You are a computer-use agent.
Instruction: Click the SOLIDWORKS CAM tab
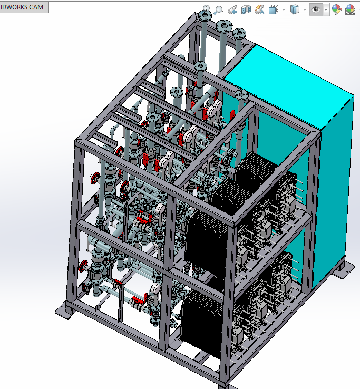24,7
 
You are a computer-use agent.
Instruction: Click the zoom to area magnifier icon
219,9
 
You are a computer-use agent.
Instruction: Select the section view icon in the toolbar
246,9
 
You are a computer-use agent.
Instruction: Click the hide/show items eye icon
316,9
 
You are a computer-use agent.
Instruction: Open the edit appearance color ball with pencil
337,9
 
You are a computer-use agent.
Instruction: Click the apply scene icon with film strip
350,10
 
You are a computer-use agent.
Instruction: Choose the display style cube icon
295,9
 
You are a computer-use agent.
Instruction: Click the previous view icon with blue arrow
232,9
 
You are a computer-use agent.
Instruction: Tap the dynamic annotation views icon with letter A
259,9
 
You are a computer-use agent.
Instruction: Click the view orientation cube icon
274,9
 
